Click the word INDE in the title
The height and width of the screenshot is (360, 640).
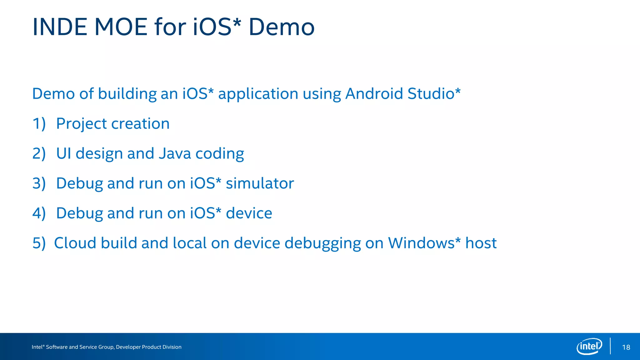[60, 27]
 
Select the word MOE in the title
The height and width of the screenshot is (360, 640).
[121, 27]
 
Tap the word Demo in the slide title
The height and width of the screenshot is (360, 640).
[281, 27]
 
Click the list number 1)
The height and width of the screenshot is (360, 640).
[39, 124]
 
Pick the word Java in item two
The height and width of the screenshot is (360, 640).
[175, 154]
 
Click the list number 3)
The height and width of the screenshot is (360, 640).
[39, 183]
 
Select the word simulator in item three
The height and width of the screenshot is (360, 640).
[260, 183]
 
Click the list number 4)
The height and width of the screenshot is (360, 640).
[39, 213]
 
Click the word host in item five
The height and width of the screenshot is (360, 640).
[481, 243]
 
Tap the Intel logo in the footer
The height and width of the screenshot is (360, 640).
[589, 346]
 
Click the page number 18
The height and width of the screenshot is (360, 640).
[626, 347]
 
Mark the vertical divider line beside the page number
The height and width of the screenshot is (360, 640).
[610, 346]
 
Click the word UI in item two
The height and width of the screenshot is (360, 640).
[63, 154]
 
